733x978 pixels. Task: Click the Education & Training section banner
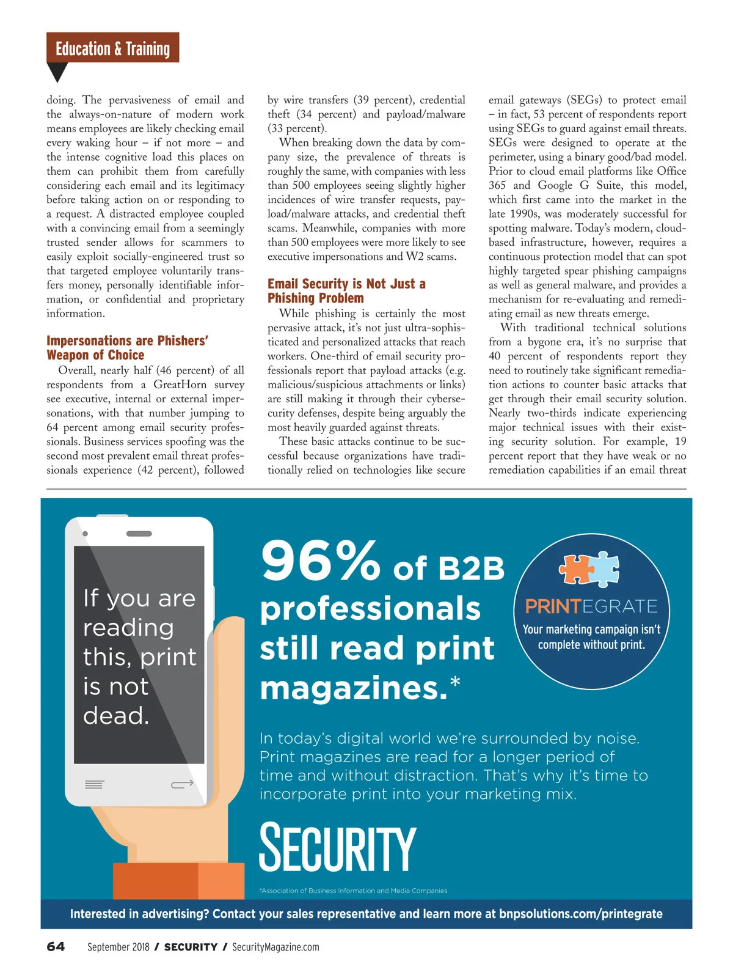(112, 48)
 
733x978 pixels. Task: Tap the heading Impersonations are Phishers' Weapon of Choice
(127, 348)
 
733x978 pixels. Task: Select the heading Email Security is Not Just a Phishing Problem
(346, 291)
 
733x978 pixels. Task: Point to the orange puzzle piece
(576, 569)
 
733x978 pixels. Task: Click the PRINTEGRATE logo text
(591, 606)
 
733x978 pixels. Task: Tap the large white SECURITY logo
(338, 848)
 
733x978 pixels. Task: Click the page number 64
(56, 947)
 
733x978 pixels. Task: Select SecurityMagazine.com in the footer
(275, 947)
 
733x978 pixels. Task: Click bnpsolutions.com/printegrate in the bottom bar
(580, 914)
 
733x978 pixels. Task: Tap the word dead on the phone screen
(115, 715)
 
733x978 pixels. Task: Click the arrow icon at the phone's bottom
(182, 784)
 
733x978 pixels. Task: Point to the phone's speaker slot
(139, 534)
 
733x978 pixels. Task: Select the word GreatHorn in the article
(180, 384)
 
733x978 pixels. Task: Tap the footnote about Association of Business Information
(354, 891)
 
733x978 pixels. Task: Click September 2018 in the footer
(119, 947)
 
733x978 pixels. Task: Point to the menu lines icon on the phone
(94, 784)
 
